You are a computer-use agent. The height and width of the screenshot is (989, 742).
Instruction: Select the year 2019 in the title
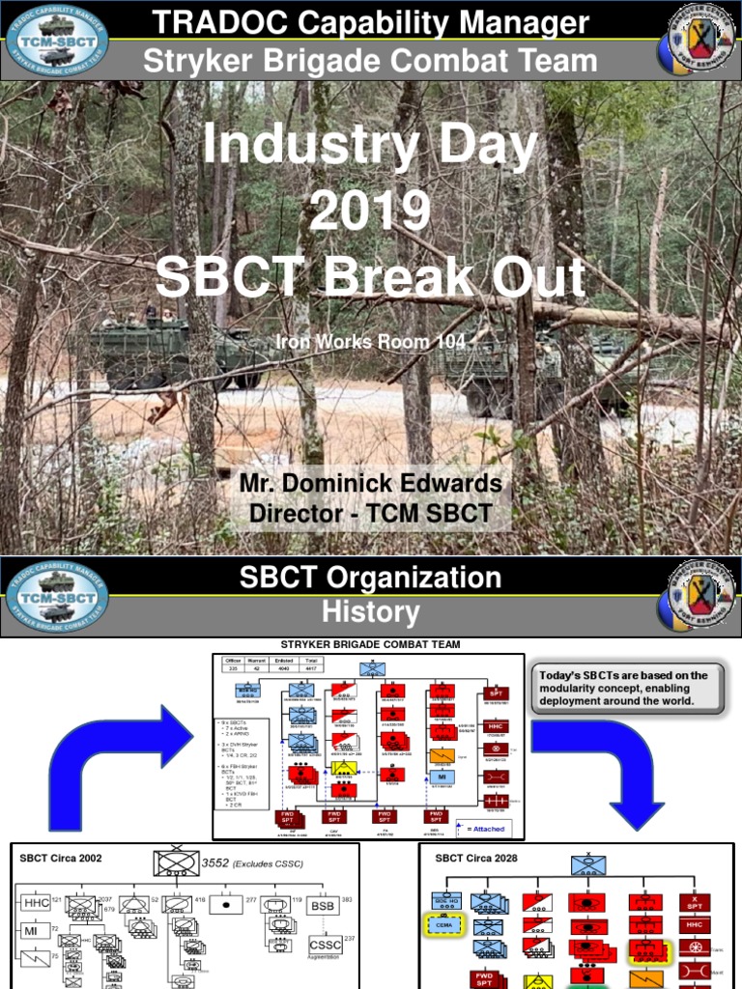click(370, 212)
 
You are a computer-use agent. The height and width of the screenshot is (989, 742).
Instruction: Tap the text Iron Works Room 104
click(370, 342)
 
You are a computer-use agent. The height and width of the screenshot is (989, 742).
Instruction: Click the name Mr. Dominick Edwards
click(371, 483)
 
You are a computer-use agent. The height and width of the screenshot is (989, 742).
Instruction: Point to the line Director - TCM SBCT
click(371, 513)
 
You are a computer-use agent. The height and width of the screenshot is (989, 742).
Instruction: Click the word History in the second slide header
click(370, 611)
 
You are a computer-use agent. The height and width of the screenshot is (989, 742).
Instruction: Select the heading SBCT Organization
click(370, 579)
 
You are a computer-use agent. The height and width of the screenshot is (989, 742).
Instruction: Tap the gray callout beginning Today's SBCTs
click(626, 689)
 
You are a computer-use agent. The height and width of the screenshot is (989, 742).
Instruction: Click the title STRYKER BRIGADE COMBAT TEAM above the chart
click(370, 644)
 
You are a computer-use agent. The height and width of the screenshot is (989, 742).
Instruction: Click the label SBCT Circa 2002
click(61, 858)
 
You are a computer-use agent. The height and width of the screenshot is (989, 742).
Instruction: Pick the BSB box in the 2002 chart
click(322, 907)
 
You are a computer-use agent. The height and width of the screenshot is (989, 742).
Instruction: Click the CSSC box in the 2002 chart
click(325, 945)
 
